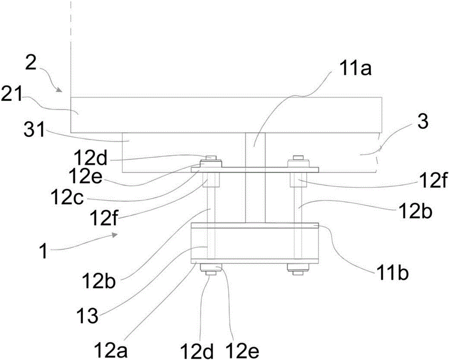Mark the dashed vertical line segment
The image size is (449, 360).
[x=71, y=40]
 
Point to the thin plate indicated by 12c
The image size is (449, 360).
[x=255, y=170]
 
